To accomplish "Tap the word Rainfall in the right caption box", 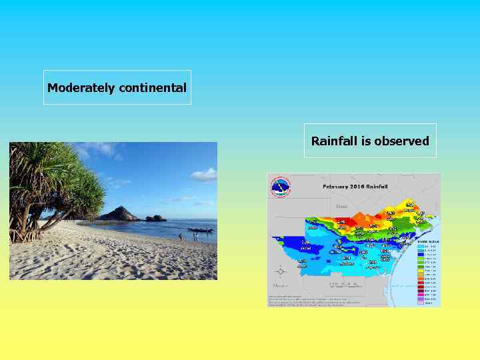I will pos(334,141).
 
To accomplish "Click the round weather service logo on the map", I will pos(281,187).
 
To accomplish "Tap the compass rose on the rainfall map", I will pos(281,271).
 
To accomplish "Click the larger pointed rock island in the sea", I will pos(119,214).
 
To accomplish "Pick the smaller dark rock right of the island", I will pos(155,218).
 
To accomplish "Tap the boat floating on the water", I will pos(200,230).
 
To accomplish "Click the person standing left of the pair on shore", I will pos(180,237).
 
